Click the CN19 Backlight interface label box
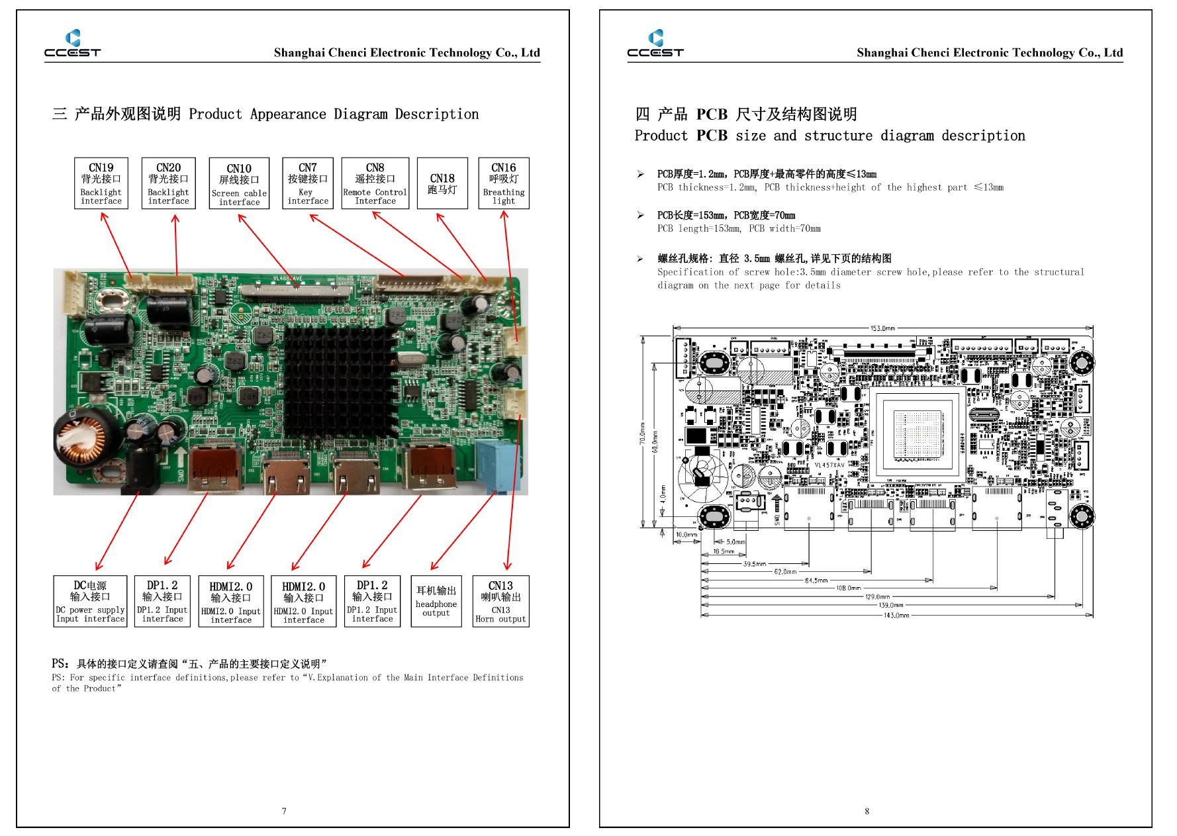(x=101, y=183)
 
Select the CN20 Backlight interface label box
(x=168, y=183)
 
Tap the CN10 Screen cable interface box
(x=239, y=184)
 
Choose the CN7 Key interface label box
(x=308, y=183)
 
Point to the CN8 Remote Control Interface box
(x=375, y=183)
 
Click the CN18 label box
(x=442, y=183)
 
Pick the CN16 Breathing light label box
(x=504, y=183)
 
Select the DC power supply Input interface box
(x=90, y=601)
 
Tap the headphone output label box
(x=436, y=601)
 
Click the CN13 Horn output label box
(x=500, y=601)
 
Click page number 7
(x=284, y=811)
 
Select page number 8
(x=867, y=811)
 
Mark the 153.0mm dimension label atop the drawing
(x=882, y=328)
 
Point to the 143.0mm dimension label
(x=896, y=616)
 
